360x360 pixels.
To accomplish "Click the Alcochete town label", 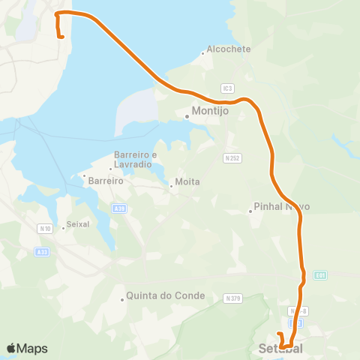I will tap(229, 49).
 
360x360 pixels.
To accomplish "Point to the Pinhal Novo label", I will tap(282, 207).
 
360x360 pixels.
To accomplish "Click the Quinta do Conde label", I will tap(166, 295).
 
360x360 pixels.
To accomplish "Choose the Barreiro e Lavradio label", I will tap(135, 160).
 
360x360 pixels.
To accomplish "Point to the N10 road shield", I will tap(46, 228).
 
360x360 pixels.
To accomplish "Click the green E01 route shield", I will tap(321, 275).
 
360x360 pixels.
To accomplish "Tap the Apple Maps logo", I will tap(27, 348).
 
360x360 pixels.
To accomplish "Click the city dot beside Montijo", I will tap(187, 116).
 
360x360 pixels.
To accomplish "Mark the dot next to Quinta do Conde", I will tap(122, 300).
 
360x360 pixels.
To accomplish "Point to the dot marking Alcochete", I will tap(203, 53).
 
